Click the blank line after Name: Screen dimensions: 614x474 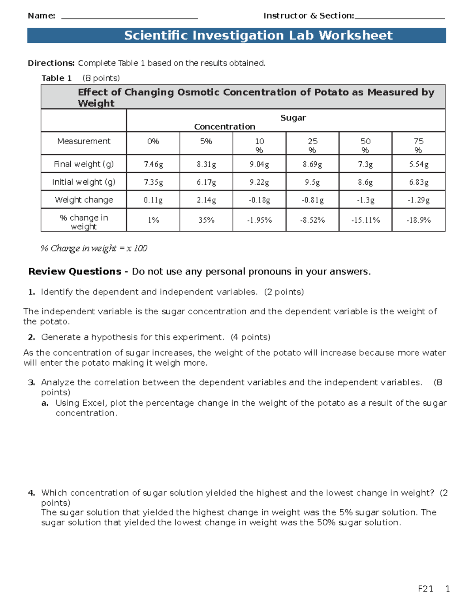(x=130, y=17)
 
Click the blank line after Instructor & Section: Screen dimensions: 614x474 (x=400, y=17)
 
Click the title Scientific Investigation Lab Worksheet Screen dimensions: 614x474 (x=258, y=36)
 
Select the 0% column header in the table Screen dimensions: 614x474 (x=153, y=142)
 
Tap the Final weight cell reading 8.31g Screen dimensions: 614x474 (x=206, y=164)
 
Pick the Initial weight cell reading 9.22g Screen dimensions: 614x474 (x=259, y=182)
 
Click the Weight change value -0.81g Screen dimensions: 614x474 (x=312, y=200)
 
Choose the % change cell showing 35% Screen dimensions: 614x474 (x=206, y=220)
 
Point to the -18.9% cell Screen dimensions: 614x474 (x=418, y=220)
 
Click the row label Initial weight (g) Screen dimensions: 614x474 (x=84, y=182)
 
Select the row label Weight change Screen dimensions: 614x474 (x=84, y=200)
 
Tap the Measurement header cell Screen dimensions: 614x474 (x=84, y=142)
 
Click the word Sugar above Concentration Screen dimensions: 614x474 (x=293, y=118)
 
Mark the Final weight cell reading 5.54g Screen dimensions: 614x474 (x=418, y=164)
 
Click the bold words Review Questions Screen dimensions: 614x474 (x=75, y=272)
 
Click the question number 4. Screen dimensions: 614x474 (x=32, y=493)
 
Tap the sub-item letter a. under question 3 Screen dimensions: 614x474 (x=45, y=403)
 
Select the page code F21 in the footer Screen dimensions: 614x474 (x=425, y=589)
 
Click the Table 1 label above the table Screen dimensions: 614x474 (x=56, y=78)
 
